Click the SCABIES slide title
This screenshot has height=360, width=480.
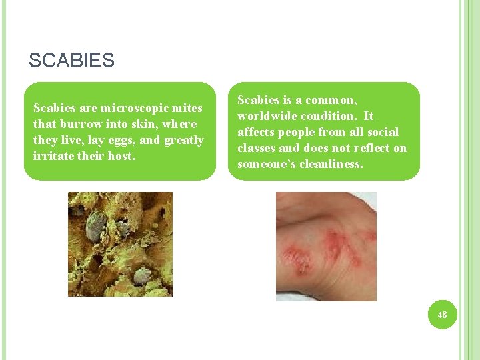(71, 61)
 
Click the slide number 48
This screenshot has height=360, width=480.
(443, 314)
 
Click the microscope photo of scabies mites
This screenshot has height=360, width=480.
(120, 244)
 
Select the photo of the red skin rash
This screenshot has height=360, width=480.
(326, 246)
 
